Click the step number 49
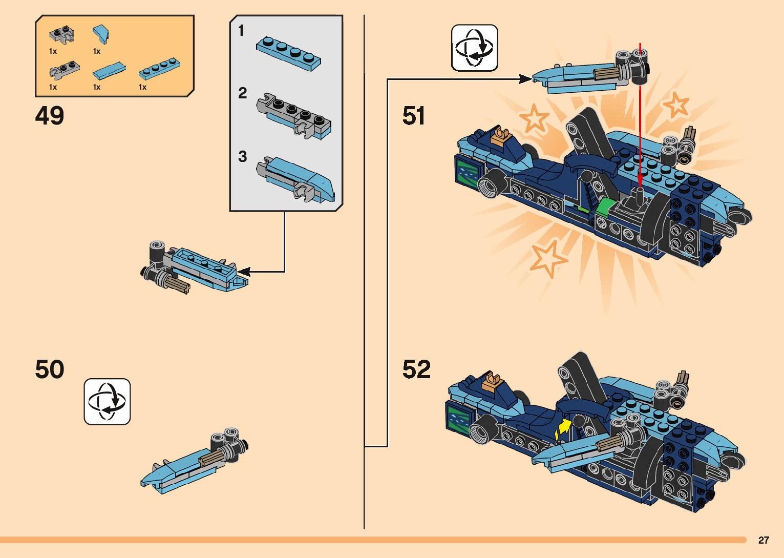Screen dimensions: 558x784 click(x=50, y=116)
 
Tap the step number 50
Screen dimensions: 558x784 click(x=50, y=369)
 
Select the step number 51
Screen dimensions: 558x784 click(x=414, y=116)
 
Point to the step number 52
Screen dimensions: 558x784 click(x=416, y=369)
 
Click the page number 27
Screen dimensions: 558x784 click(x=764, y=540)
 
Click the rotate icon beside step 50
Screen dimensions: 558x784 click(x=107, y=402)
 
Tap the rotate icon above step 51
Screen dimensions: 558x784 click(x=474, y=48)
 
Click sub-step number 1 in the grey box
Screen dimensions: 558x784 click(x=241, y=31)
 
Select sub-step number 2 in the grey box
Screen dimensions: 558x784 click(x=242, y=93)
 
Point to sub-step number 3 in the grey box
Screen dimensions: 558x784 click(x=242, y=156)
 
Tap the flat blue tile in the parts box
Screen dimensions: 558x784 click(x=109, y=71)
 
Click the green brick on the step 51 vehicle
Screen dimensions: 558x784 click(x=605, y=207)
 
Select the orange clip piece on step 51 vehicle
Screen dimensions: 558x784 click(x=500, y=136)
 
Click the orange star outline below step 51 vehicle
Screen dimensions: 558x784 click(x=547, y=258)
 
